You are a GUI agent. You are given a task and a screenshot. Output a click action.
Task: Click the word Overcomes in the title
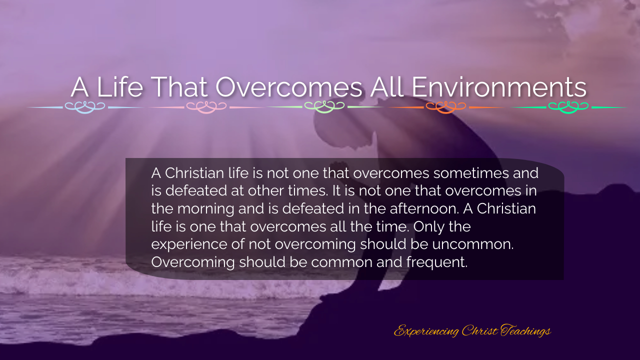(289, 87)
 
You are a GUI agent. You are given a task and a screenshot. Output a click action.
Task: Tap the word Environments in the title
(499, 87)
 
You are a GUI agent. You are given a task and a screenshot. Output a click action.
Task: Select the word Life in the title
(119, 87)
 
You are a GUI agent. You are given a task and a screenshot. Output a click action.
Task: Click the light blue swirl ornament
(85, 107)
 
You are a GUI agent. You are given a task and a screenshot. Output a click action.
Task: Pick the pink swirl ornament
(206, 107)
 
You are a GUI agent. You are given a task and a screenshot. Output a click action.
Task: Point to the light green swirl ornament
(324, 107)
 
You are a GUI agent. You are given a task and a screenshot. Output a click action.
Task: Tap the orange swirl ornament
(445, 107)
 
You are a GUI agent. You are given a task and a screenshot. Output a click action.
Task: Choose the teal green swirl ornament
(568, 107)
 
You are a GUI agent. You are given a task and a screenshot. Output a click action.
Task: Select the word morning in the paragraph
(205, 208)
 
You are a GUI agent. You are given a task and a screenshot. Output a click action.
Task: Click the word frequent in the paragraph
(437, 262)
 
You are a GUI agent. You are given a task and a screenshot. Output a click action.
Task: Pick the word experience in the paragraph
(197, 244)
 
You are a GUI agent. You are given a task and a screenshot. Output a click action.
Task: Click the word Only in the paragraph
(429, 226)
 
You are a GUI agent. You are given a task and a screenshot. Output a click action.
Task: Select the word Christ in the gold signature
(480, 330)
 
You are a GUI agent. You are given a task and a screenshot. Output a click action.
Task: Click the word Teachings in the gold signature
(525, 331)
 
